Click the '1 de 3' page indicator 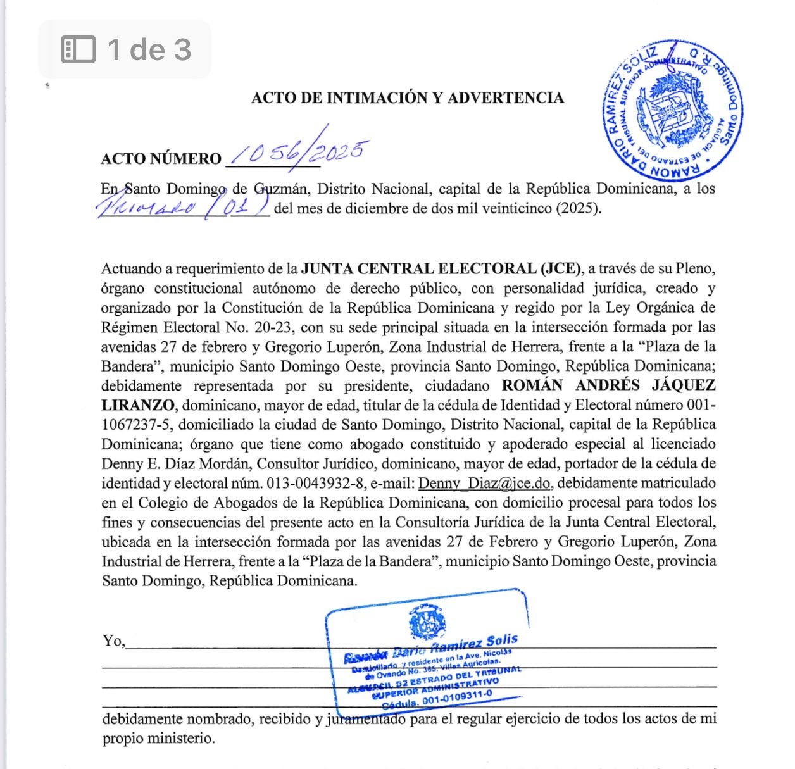(x=149, y=49)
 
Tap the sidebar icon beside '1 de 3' (x=78, y=49)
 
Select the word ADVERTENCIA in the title (x=505, y=97)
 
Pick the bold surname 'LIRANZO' (x=137, y=405)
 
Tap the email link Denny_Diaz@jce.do (x=484, y=484)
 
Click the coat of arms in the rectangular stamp (x=427, y=621)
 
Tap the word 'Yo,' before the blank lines (x=114, y=641)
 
